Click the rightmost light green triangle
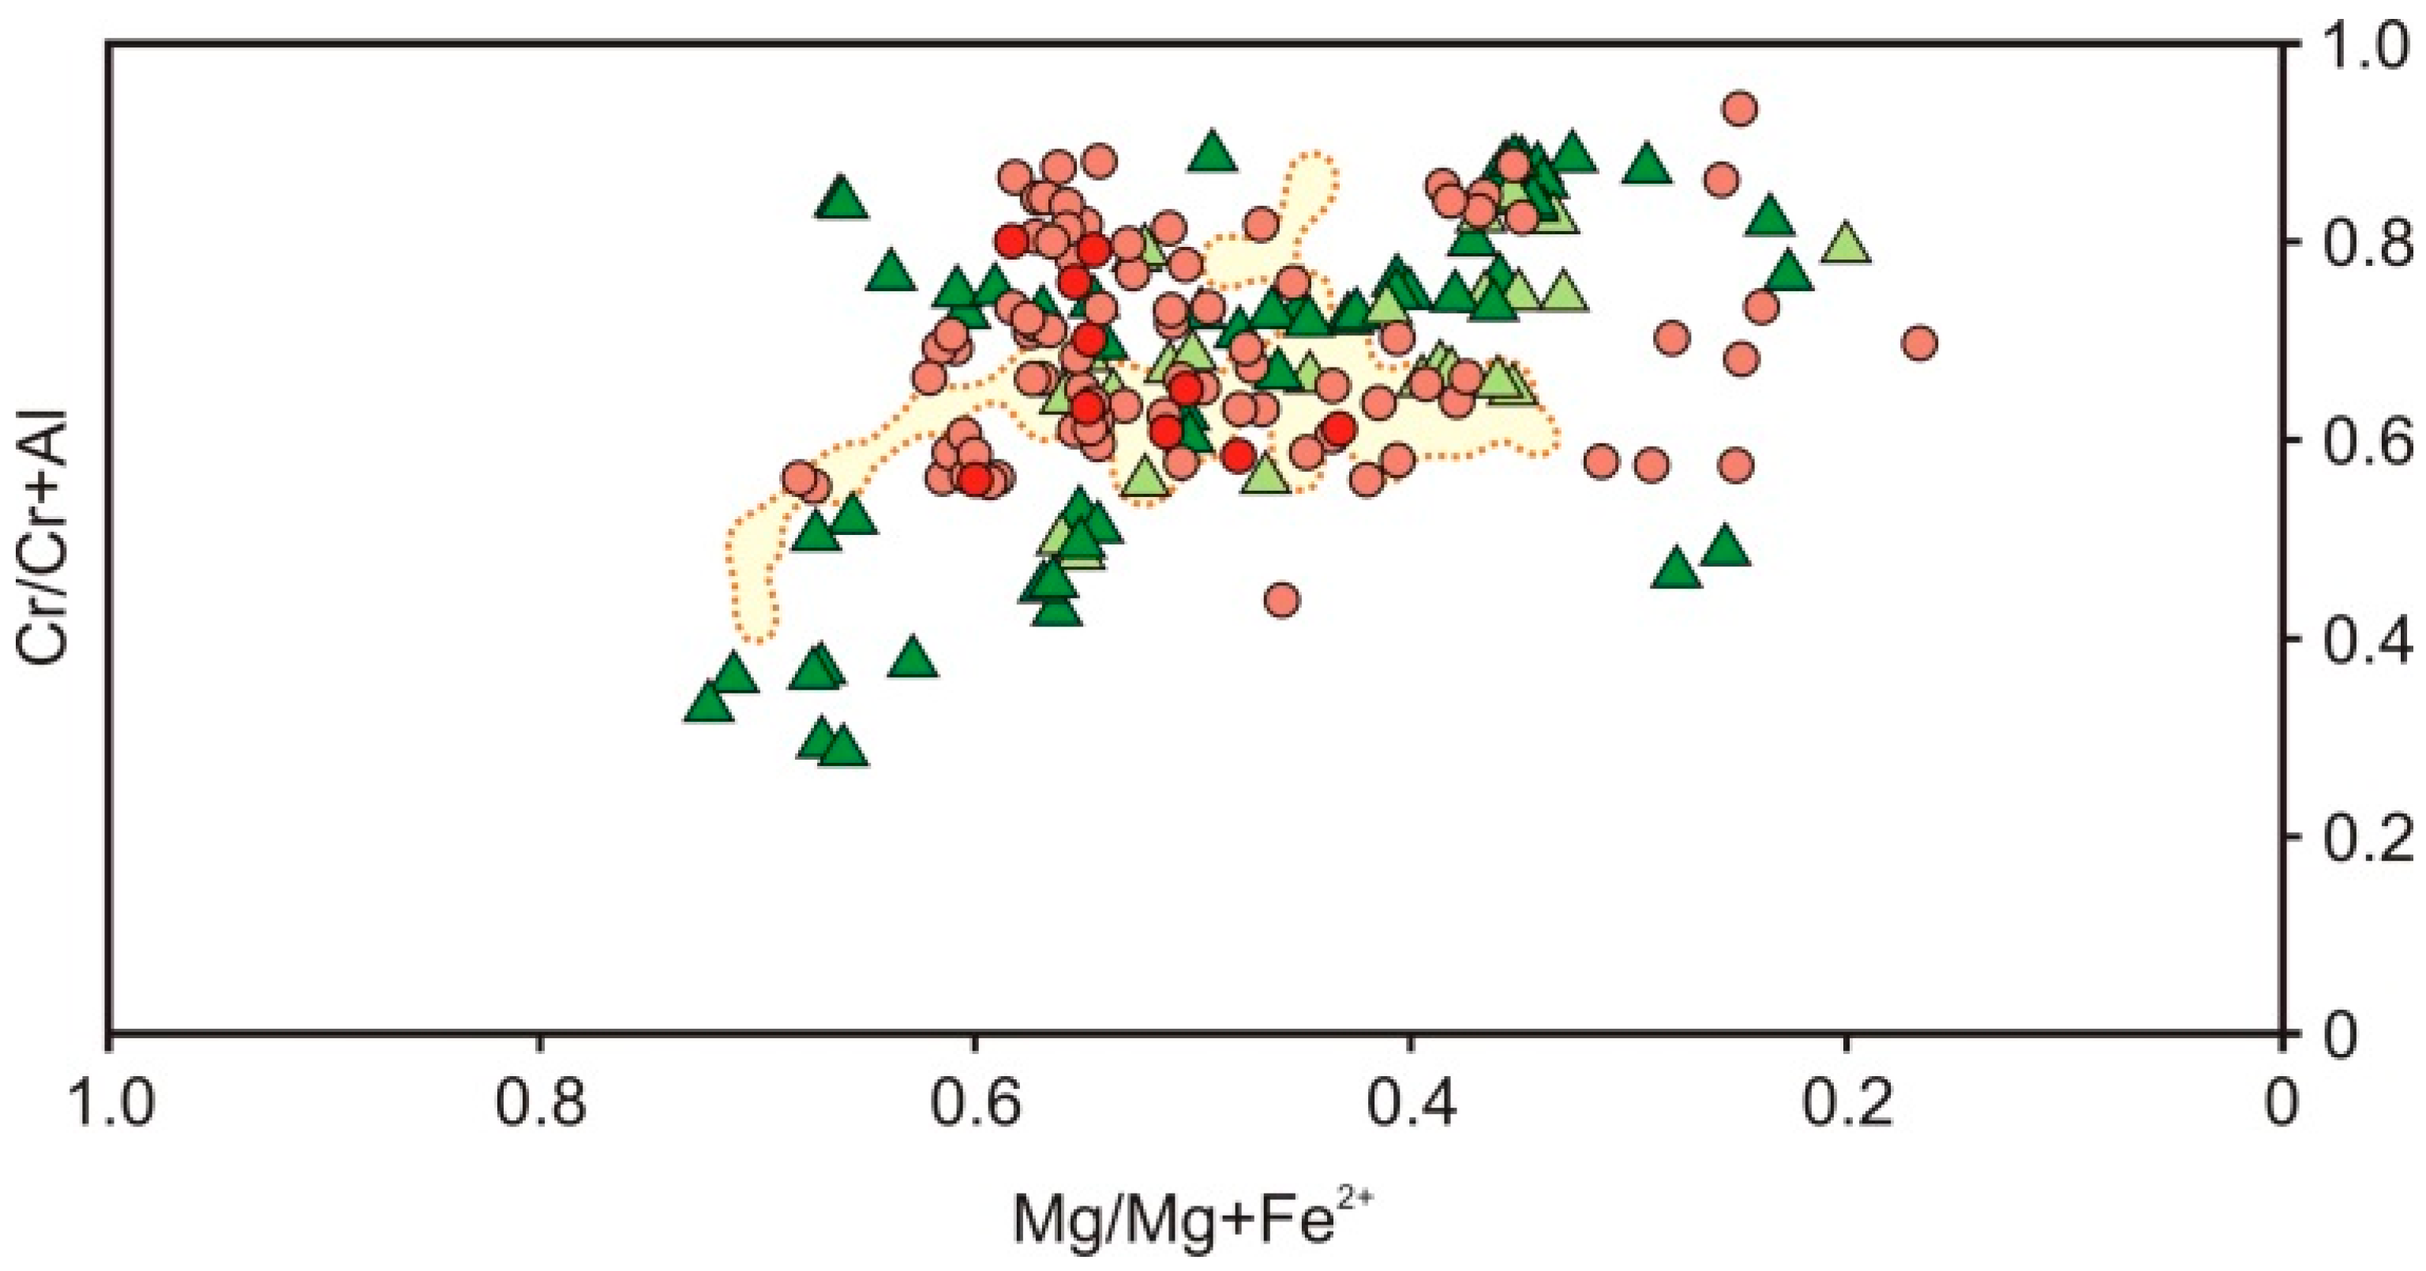pos(1845,244)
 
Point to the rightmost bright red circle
pos(1338,428)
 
